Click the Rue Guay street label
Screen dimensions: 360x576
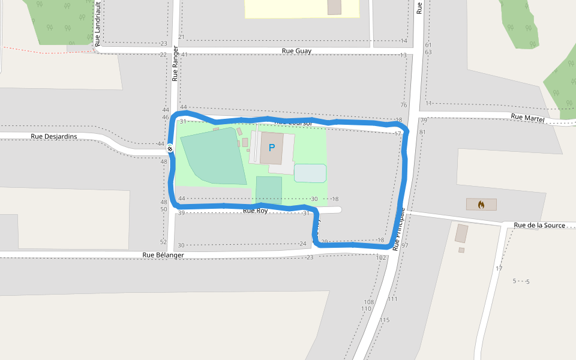296,51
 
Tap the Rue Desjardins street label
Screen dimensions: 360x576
54,137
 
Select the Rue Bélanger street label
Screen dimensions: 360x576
163,254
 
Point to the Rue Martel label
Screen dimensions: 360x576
527,118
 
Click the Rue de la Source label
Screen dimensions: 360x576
539,226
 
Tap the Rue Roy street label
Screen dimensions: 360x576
255,211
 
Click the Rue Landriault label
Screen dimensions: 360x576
98,26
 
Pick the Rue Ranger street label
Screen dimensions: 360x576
175,64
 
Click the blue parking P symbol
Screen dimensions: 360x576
272,147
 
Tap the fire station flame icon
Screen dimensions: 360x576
481,205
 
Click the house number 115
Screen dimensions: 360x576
385,320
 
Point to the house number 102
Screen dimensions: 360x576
381,257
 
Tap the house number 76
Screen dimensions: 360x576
403,106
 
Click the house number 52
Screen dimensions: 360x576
163,242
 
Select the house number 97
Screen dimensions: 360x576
404,245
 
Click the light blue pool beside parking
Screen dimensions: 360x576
310,173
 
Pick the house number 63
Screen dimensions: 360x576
428,52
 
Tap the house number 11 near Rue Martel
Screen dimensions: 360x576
428,104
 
